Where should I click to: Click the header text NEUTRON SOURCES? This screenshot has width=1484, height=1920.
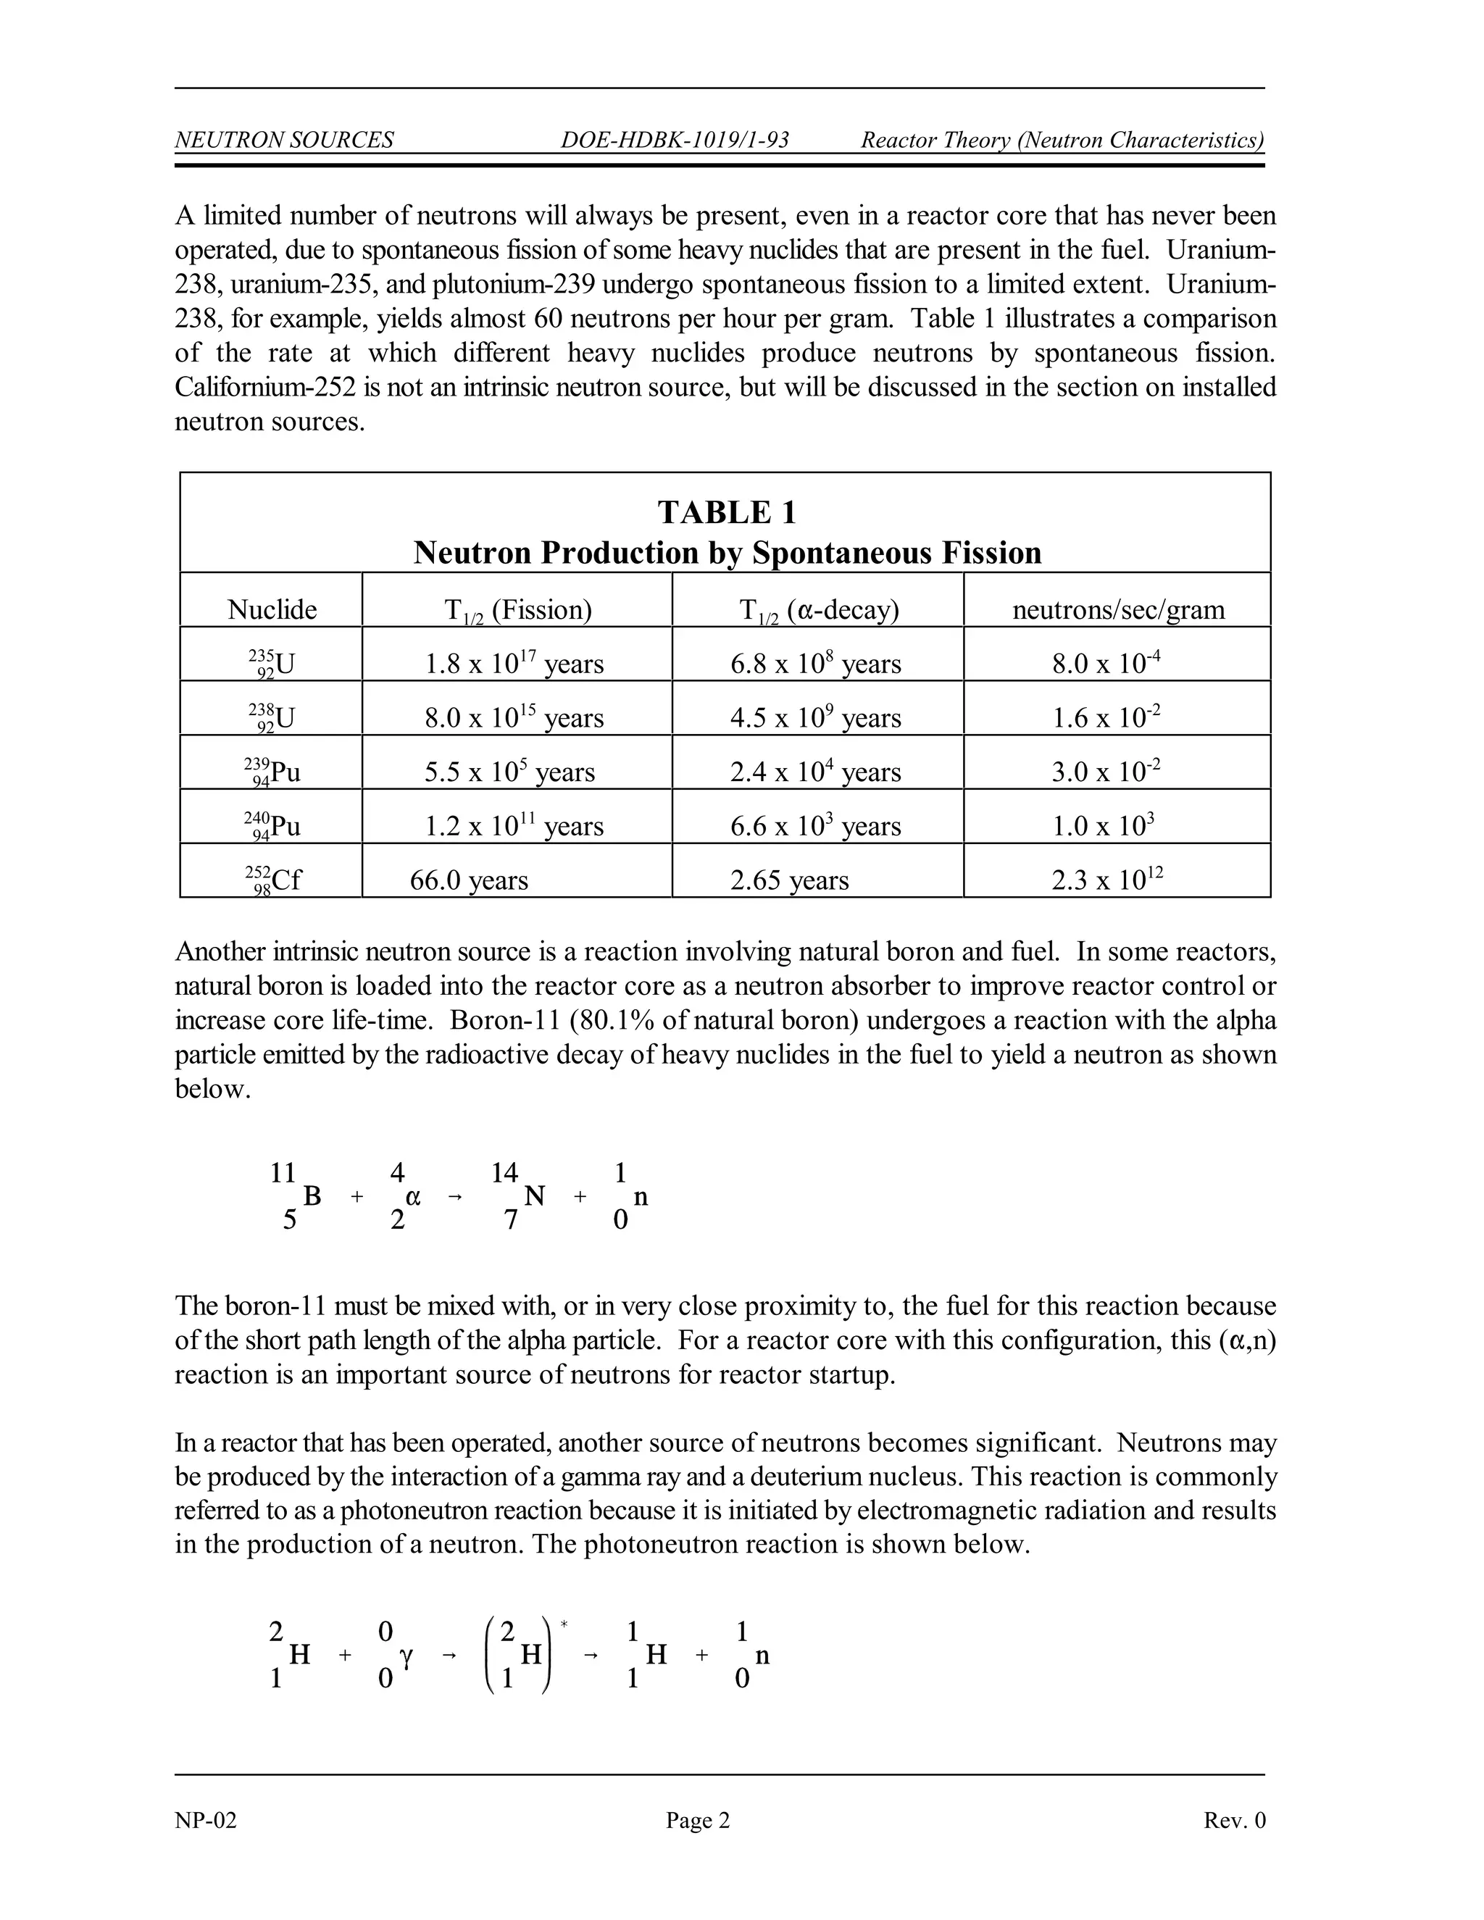[x=284, y=140]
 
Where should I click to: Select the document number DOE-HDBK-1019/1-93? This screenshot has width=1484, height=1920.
[x=675, y=140]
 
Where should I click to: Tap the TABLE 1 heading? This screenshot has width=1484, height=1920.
[x=726, y=512]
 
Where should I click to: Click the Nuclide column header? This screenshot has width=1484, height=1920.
[x=272, y=609]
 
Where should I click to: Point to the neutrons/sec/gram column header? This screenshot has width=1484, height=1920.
[x=1118, y=609]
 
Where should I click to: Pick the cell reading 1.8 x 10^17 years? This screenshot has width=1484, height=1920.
[x=514, y=663]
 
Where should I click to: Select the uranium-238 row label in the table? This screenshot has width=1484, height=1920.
[x=272, y=717]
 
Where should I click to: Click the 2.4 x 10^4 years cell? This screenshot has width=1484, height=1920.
[x=815, y=772]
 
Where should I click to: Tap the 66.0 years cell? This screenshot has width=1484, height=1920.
[x=469, y=880]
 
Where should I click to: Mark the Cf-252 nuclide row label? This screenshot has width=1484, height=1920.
[x=272, y=880]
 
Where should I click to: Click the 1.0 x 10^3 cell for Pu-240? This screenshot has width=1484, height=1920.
[x=1104, y=825]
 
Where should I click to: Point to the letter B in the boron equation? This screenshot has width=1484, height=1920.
[x=312, y=1195]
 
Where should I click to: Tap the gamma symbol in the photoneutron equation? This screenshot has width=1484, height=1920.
[x=407, y=1656]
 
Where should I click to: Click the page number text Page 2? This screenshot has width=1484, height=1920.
[x=698, y=1820]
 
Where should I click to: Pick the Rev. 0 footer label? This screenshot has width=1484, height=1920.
[x=1234, y=1820]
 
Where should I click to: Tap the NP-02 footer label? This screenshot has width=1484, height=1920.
[x=206, y=1820]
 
